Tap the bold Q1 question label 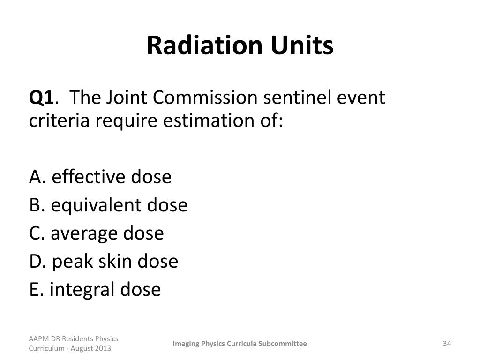42,98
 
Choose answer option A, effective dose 100,177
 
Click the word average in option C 84,233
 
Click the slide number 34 446,344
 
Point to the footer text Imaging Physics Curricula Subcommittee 240,344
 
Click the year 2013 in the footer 103,349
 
